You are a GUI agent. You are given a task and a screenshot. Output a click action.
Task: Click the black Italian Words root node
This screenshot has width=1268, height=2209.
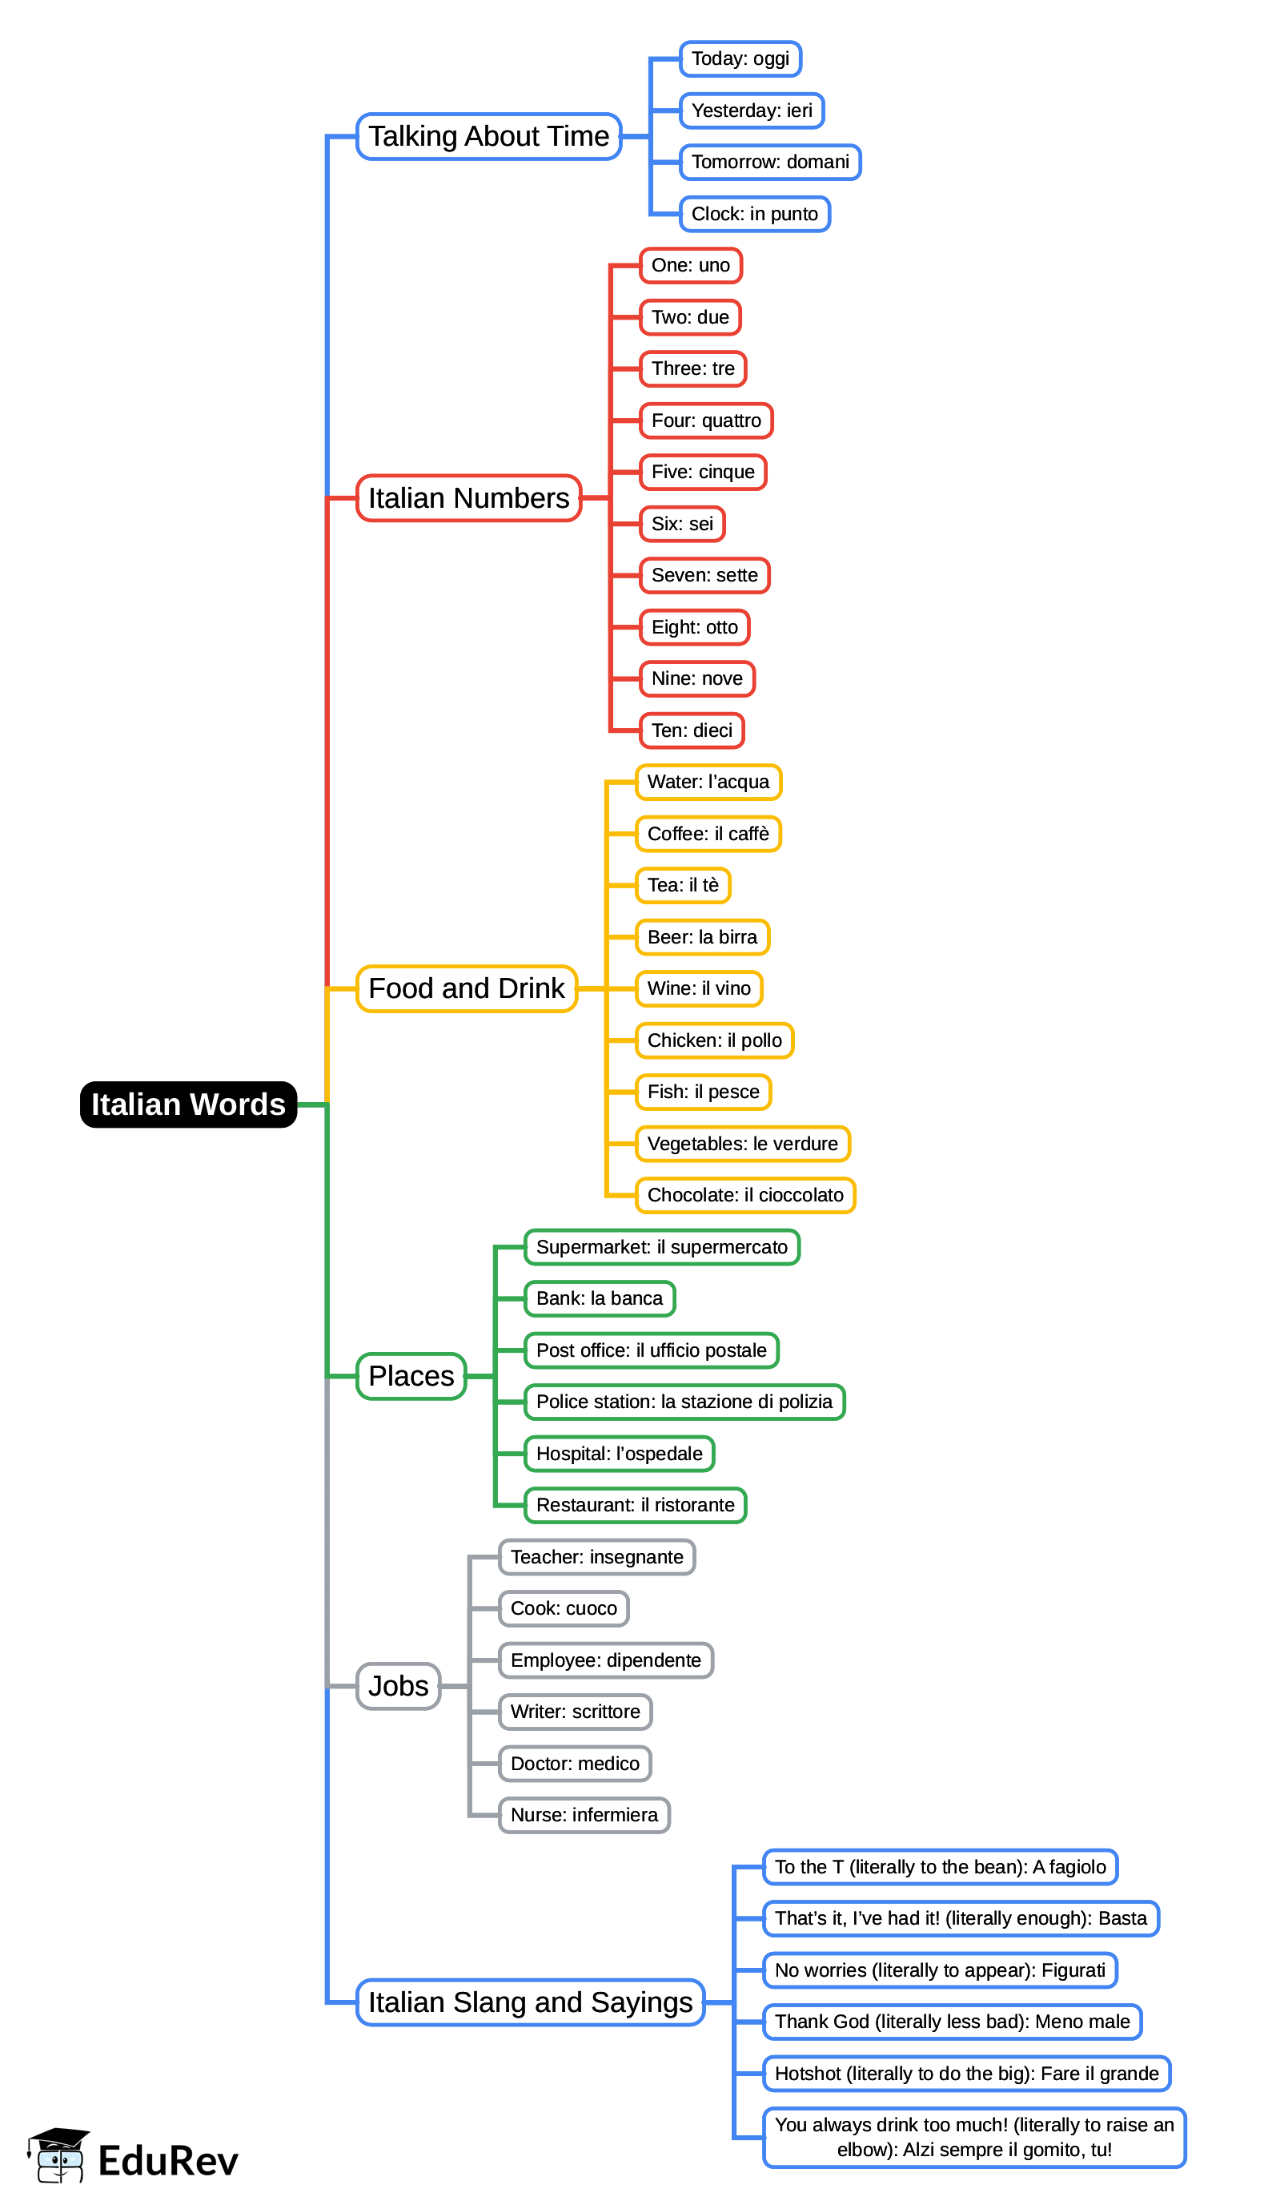click(x=188, y=1104)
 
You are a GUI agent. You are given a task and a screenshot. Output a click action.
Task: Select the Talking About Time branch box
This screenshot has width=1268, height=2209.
click(x=488, y=136)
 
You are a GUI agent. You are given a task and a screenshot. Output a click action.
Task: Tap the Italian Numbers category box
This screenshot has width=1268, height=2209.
click(x=468, y=497)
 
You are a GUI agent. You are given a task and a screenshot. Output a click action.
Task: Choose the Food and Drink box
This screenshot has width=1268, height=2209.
click(x=467, y=988)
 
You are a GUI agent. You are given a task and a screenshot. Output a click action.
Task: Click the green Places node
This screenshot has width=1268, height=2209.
click(x=411, y=1375)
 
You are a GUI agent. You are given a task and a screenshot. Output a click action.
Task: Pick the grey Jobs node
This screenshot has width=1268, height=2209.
click(x=398, y=1685)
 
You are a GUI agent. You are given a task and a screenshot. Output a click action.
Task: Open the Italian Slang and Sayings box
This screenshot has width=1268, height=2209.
click(x=531, y=2002)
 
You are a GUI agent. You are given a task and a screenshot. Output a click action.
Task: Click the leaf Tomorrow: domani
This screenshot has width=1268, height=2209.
click(x=770, y=162)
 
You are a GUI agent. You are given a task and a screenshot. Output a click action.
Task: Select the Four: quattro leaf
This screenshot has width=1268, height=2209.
click(x=705, y=420)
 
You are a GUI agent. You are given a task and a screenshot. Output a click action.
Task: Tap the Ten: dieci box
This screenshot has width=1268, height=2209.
click(x=692, y=730)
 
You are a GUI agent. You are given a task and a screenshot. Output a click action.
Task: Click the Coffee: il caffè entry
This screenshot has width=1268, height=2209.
click(x=708, y=834)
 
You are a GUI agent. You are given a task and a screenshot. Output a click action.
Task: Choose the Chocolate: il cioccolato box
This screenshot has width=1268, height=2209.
click(x=745, y=1194)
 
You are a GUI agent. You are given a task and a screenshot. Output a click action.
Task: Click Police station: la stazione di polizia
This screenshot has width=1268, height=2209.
click(x=684, y=1402)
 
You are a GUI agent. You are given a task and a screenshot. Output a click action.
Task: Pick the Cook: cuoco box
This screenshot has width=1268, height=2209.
click(x=564, y=1608)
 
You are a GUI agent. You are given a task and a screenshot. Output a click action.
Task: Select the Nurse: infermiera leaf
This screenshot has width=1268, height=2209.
click(x=584, y=1814)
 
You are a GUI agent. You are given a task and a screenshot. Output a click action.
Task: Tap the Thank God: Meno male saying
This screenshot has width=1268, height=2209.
click(x=952, y=2021)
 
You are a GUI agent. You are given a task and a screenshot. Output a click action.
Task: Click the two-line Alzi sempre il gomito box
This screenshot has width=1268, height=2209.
click(x=973, y=2137)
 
